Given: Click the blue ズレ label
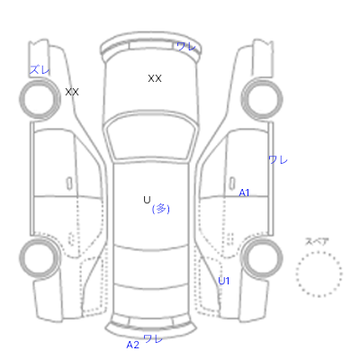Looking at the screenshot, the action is pos(40,70).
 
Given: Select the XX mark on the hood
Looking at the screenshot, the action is pos(155,78).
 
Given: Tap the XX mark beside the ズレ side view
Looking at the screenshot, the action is pos(72,92).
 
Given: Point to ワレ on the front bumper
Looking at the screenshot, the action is pos(186,47).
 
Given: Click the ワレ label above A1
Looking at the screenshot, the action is pos(278,159).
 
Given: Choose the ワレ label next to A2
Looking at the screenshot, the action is pos(153,338).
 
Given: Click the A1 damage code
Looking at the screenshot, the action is pos(244,193).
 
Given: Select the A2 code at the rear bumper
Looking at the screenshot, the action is pos(133,345).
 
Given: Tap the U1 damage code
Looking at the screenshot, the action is pos(224,281).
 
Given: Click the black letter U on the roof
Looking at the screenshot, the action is pos(147,200).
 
